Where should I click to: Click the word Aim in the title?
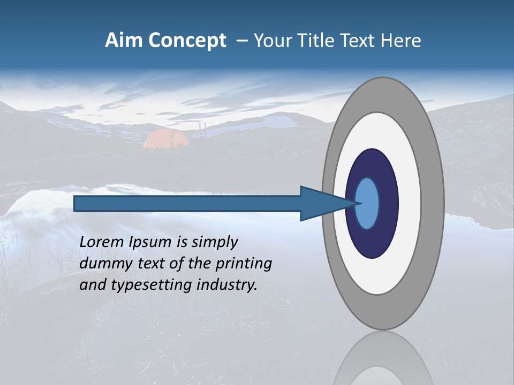(x=122, y=41)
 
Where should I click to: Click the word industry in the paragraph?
(x=226, y=284)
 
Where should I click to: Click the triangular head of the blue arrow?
(x=321, y=204)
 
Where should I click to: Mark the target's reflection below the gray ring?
(x=383, y=358)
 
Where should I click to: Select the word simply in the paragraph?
(x=214, y=242)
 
